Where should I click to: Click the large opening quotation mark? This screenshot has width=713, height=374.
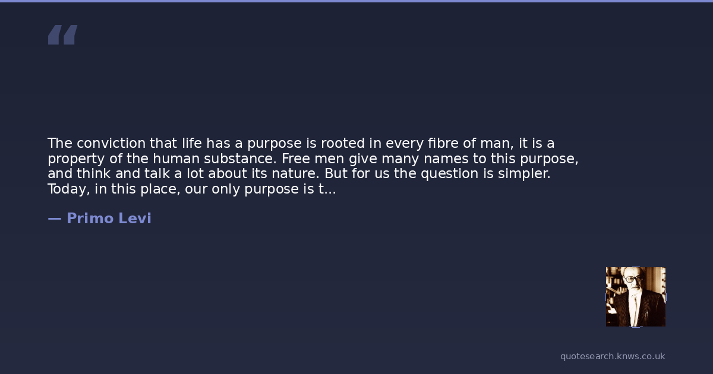[x=63, y=34]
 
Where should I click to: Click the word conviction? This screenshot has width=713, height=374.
[x=111, y=143]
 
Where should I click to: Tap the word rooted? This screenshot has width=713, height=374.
[x=342, y=143]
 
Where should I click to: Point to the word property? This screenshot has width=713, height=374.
[x=76, y=159]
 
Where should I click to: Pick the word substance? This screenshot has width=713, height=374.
[x=240, y=159]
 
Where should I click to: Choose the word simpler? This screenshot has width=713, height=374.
[x=524, y=174]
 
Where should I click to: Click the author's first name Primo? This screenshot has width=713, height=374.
[x=90, y=218]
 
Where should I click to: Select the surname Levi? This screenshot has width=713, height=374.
[x=135, y=218]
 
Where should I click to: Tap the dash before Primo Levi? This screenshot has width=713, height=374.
[x=55, y=218]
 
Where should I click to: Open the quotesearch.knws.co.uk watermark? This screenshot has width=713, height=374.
[x=613, y=356]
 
